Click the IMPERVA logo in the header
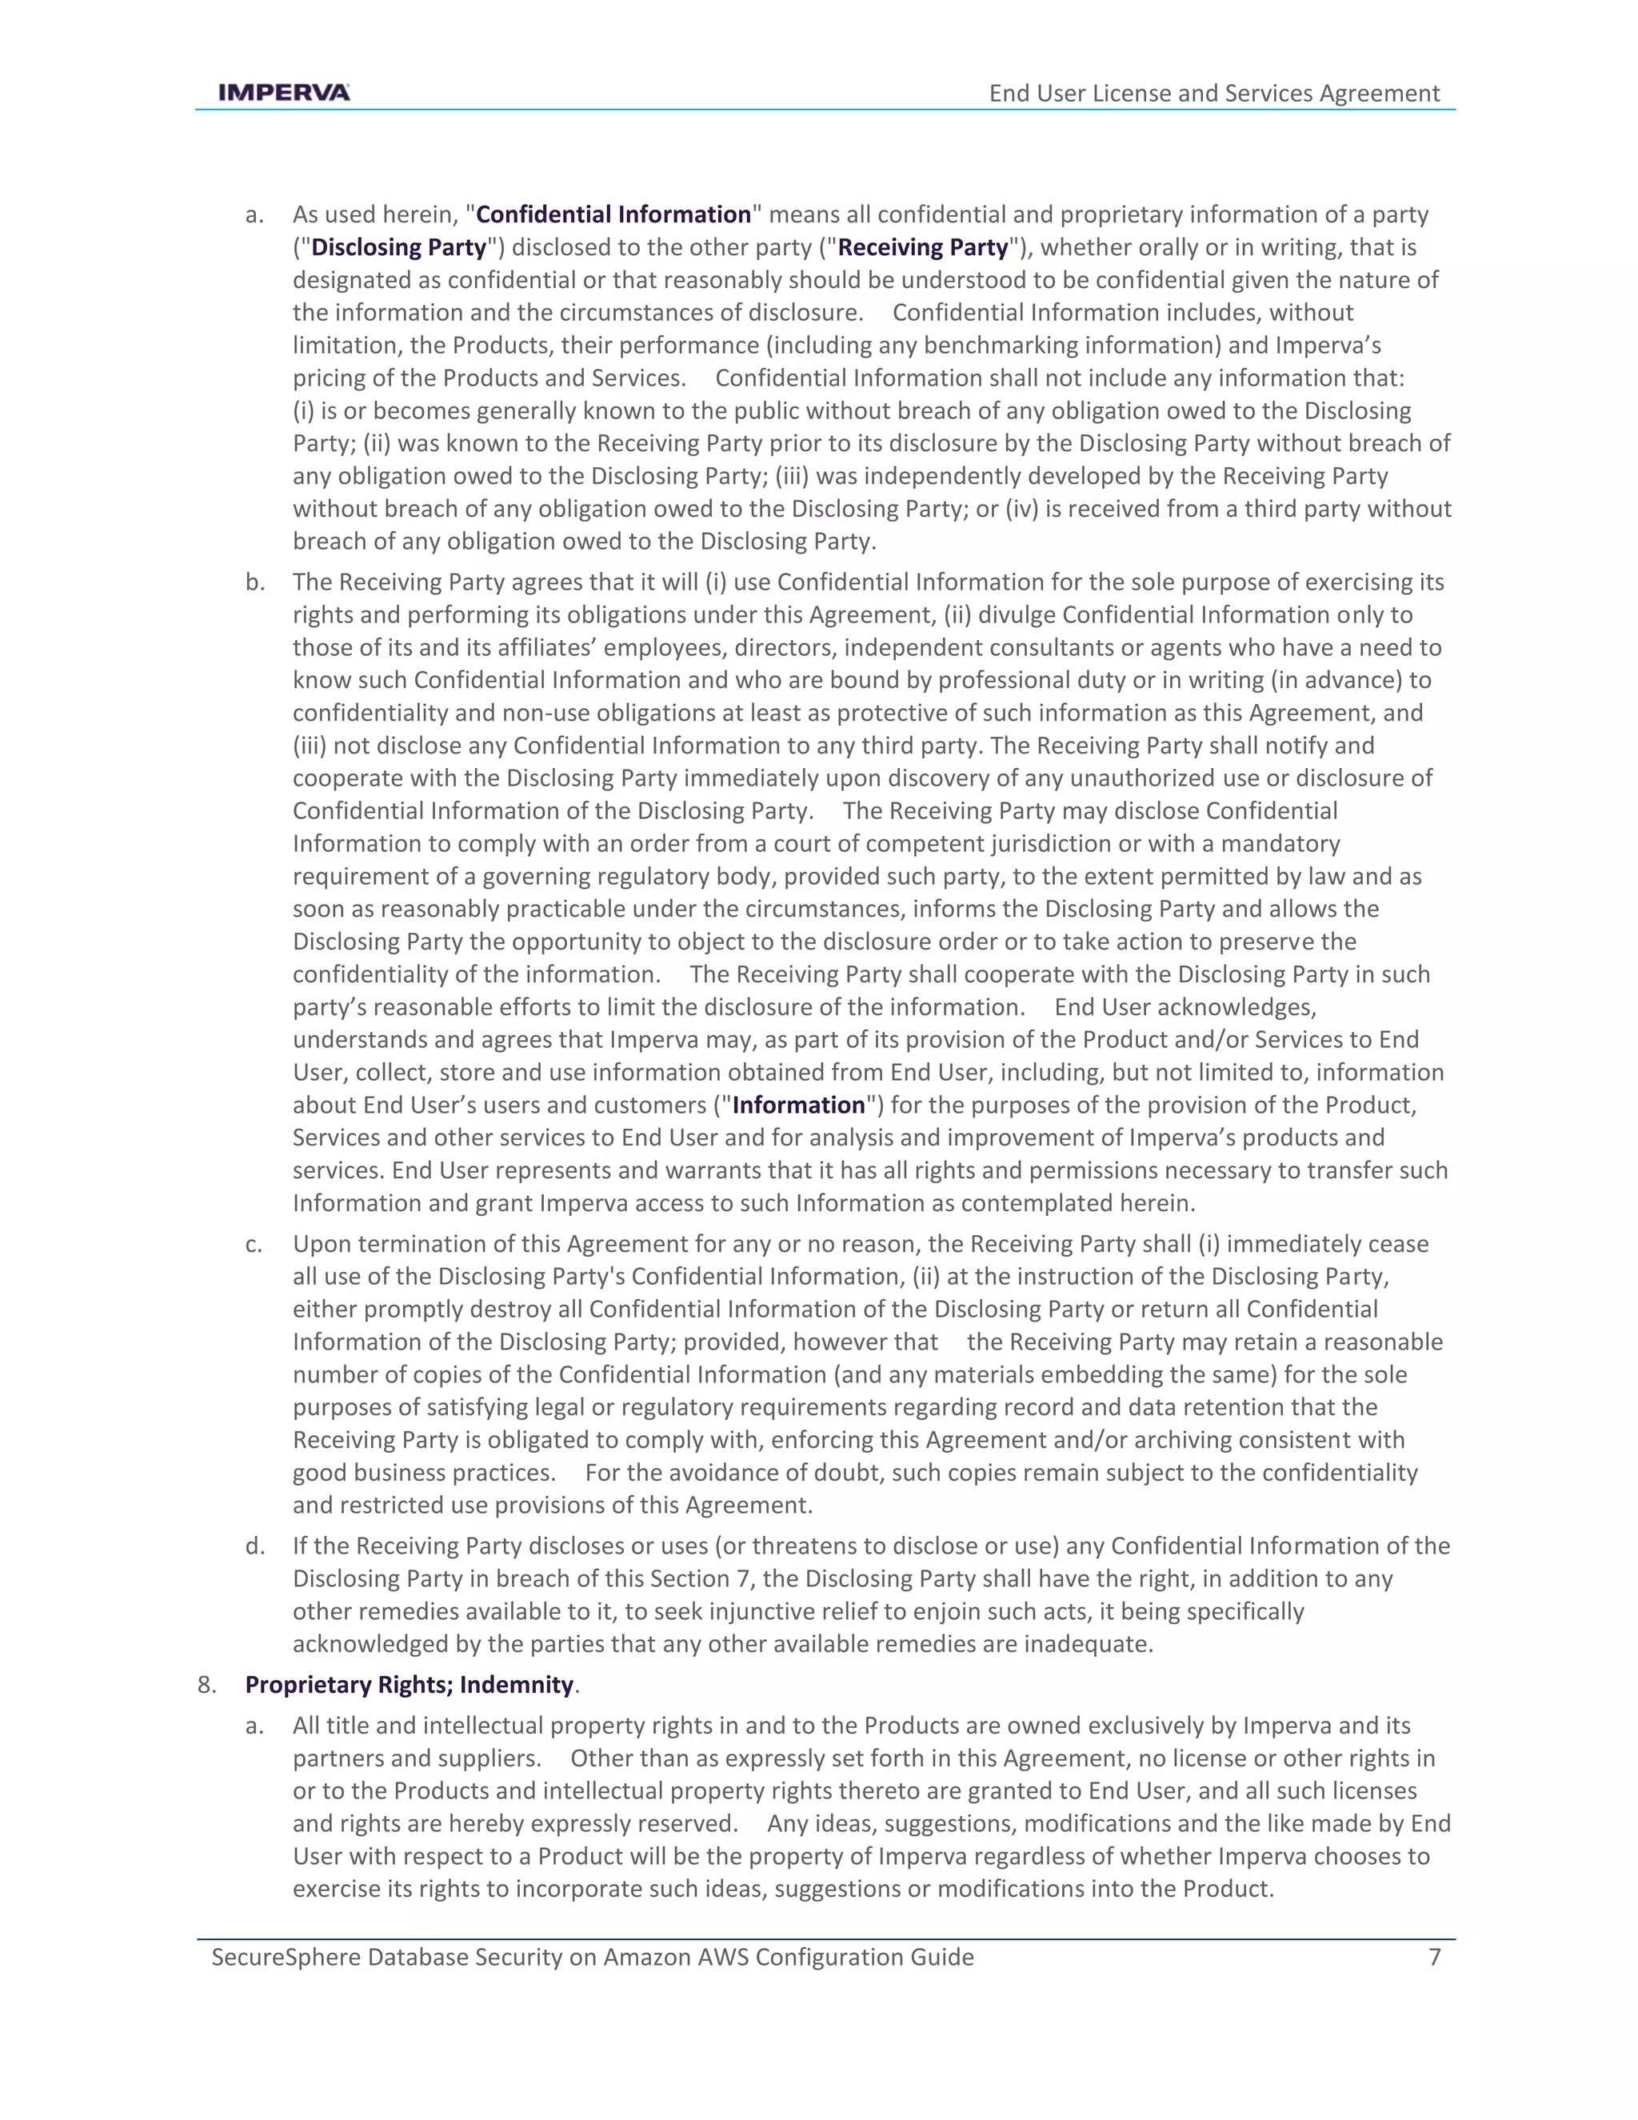click(x=284, y=93)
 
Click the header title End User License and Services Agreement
click(x=1214, y=93)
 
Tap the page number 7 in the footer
click(x=1434, y=1956)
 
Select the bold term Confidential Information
click(x=613, y=214)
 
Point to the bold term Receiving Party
click(x=923, y=247)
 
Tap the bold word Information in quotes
click(x=797, y=1105)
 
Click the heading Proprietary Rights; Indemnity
click(x=409, y=1684)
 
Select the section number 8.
click(x=206, y=1684)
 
